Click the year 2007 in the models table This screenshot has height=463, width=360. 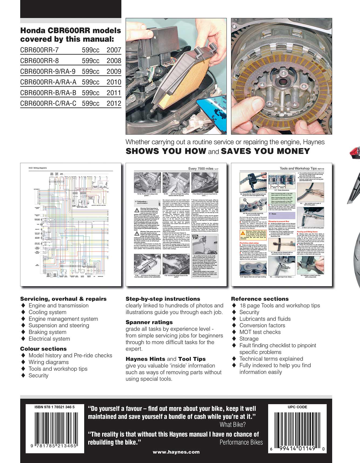pos(114,50)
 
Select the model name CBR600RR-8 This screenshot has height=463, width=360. pos(39,61)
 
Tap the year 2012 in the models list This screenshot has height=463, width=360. pos(114,103)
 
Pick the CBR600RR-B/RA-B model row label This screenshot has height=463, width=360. pos(48,93)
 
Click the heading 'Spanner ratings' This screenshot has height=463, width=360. pos(149,322)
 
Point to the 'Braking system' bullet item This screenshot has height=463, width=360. pos(47,332)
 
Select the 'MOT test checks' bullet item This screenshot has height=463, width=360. pos(260,332)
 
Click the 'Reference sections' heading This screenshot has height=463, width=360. pos(260,299)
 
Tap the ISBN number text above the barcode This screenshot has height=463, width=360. pos(55,407)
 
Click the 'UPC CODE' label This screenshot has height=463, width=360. pos(297,407)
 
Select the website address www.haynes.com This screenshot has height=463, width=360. pos(176,452)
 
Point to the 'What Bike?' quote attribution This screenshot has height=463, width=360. pos(233,425)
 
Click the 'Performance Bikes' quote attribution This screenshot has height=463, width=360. pos(241,443)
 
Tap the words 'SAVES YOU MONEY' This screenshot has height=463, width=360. pos(265,151)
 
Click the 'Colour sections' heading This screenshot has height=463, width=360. pos(43,349)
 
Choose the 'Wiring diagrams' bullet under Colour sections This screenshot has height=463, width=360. pos(49,362)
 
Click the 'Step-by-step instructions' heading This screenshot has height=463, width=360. pos(163,299)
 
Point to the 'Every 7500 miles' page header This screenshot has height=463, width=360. pos(201,169)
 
